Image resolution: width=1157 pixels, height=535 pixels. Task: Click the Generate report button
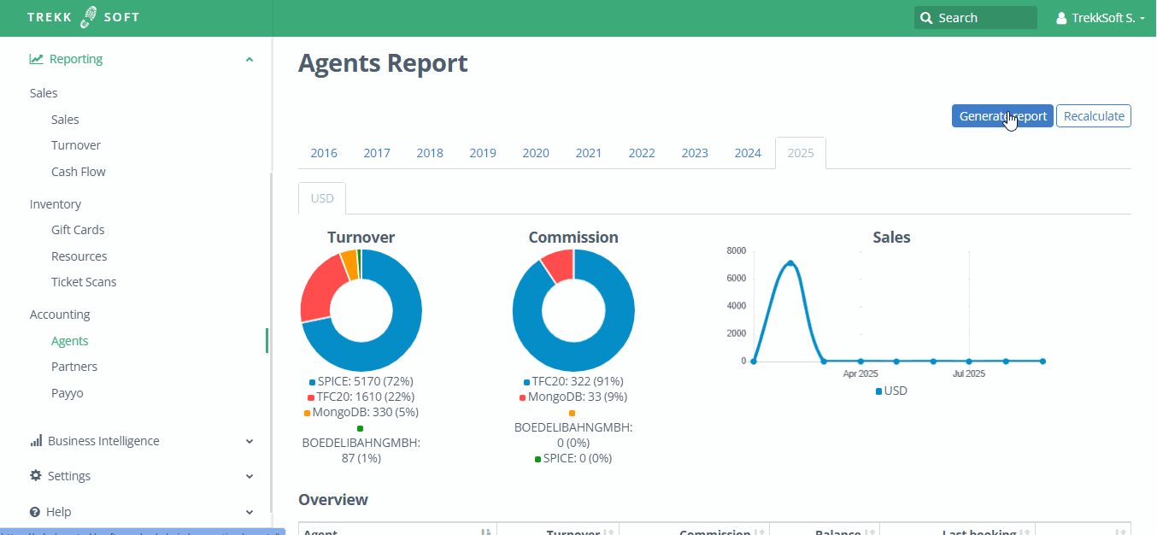coord(1001,116)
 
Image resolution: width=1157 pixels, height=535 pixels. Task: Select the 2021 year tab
coord(588,153)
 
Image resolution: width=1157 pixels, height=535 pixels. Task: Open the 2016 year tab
coord(323,153)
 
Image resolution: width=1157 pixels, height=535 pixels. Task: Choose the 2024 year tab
coord(747,153)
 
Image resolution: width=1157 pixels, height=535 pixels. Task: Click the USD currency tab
coord(322,198)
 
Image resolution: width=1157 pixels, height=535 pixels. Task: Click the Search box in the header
coord(975,18)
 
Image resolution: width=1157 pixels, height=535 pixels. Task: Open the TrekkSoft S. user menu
coord(1100,18)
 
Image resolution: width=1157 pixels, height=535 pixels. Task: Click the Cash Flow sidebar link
coord(78,172)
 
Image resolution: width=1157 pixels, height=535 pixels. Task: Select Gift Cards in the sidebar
coord(78,230)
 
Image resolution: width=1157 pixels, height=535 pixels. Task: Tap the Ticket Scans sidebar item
coord(84,282)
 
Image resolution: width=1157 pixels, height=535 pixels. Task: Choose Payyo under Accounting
coord(67,393)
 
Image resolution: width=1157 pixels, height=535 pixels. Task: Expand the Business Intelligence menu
coord(103,441)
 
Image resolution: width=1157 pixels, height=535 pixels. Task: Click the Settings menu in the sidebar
coord(68,476)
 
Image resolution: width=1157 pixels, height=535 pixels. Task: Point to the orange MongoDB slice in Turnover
coord(349,264)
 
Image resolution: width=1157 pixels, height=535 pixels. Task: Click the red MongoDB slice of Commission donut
coord(559,265)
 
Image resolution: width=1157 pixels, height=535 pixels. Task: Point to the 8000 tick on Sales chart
coord(736,250)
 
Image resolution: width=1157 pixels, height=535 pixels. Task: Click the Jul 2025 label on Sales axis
coord(968,373)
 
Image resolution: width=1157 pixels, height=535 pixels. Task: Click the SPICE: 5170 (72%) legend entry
coord(365,381)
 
